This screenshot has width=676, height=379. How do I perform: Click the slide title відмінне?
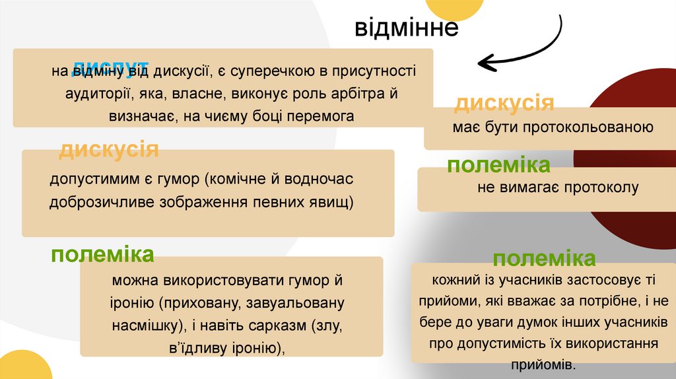tap(406, 28)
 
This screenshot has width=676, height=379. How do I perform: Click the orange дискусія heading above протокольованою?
tap(504, 103)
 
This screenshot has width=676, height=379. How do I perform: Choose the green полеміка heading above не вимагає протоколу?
tap(498, 165)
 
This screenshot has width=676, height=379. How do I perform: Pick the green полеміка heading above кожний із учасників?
tap(544, 258)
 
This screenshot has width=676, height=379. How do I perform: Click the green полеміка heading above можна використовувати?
tap(102, 255)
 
